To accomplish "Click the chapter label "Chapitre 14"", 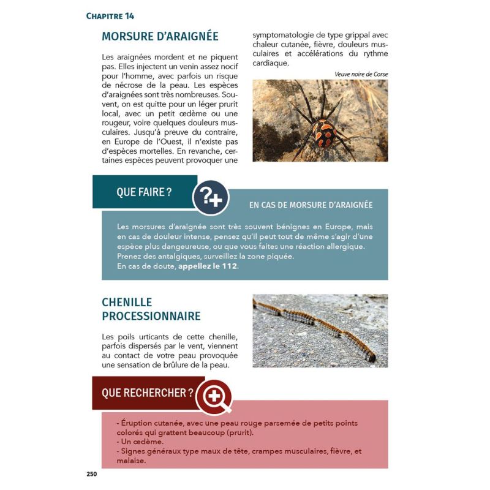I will coord(110,16).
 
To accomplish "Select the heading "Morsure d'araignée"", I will coord(160,36).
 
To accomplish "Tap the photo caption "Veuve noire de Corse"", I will coord(361,74).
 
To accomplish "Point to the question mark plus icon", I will coord(211,197).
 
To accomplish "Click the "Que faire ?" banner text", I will coord(144,192).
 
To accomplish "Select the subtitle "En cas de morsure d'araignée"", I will coord(311,205).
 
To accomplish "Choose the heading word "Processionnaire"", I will coord(151,316).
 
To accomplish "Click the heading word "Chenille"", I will coord(127,303).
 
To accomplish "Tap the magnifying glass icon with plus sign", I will coord(214,396).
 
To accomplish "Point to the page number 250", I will coord(92,473).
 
